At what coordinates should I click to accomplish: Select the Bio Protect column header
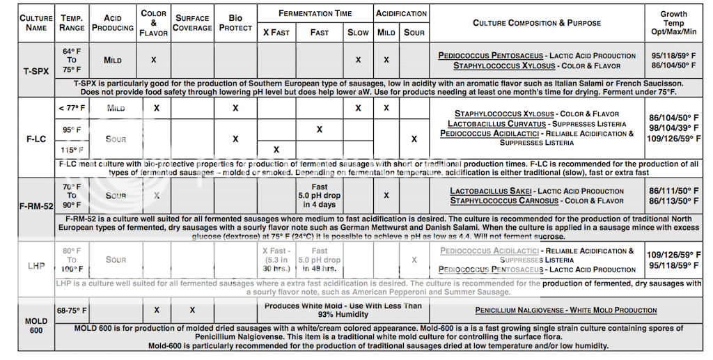point(235,23)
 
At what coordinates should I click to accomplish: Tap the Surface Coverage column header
point(192,23)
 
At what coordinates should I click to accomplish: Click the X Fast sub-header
point(276,33)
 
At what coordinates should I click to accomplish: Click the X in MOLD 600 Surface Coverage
point(192,310)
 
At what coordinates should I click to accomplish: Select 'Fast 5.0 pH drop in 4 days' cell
point(320,196)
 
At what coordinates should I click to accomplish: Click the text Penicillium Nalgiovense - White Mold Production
point(565,310)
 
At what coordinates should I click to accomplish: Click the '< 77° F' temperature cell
point(72,108)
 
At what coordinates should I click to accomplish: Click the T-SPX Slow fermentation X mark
point(358,60)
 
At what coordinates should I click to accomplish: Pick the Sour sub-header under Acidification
point(414,33)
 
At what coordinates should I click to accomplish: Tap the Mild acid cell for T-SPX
point(112,60)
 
